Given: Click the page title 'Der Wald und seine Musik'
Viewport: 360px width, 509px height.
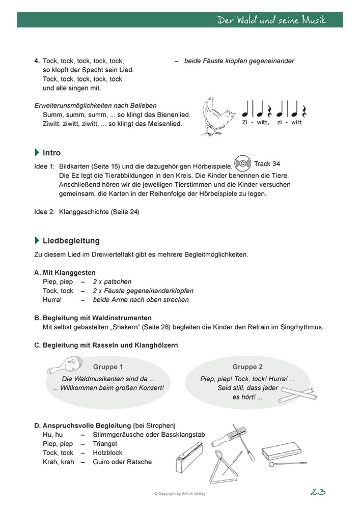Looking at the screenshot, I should (271, 20).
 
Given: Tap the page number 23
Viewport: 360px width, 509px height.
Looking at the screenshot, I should (317, 492).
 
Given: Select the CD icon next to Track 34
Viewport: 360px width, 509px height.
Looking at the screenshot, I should (242, 163).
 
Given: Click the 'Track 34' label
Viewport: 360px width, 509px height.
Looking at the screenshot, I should (267, 164).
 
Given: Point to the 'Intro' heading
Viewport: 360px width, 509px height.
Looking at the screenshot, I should (51, 153).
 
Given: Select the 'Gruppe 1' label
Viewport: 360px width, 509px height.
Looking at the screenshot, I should (108, 366).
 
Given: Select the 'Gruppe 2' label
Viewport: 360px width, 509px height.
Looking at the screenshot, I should (247, 366).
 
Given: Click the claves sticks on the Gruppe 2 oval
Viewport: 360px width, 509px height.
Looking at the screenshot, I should (298, 393).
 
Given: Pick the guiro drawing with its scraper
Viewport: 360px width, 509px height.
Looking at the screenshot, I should (236, 437).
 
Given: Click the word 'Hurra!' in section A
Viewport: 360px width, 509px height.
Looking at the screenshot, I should (52, 300).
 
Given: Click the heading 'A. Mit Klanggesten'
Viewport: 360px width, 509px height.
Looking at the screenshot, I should (65, 272).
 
